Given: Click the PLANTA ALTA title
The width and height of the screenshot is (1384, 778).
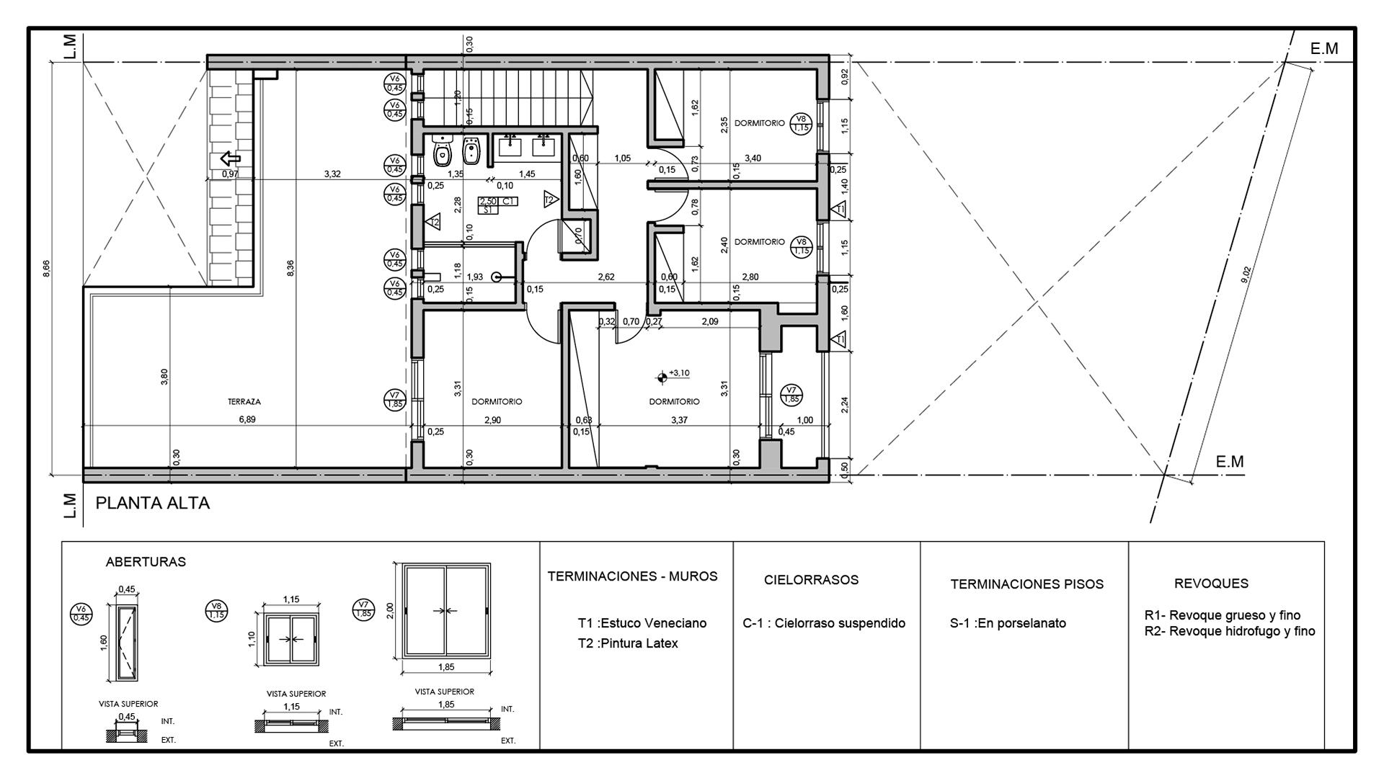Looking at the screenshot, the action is [153, 503].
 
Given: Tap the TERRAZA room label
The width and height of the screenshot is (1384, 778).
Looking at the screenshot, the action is [244, 402].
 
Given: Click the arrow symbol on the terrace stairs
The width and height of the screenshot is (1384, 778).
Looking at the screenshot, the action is [231, 158].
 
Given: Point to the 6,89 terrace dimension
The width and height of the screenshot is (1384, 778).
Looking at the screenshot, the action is [247, 419].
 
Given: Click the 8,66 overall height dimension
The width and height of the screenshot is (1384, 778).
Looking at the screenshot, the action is [46, 268].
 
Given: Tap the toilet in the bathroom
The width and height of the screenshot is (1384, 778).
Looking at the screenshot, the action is [441, 151].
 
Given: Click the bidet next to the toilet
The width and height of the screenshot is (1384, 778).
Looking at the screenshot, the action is [472, 151].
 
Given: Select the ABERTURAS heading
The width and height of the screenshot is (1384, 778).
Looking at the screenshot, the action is [146, 562].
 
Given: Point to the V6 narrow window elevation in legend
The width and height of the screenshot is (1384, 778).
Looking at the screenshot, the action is [127, 642].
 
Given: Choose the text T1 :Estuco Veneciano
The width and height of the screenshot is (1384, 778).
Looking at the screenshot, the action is [642, 623].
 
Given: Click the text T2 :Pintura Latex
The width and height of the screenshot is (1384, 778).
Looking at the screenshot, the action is [628, 643].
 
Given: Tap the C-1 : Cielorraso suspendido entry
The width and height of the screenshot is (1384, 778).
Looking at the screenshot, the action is [824, 623].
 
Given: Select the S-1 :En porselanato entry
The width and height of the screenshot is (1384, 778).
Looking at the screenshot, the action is [1008, 623].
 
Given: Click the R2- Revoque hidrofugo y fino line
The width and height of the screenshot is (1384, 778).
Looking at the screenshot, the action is [1230, 631].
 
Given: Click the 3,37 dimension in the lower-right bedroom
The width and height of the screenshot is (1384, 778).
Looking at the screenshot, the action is [679, 420].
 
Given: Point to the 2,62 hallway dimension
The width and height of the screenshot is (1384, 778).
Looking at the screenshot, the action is [606, 277].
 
